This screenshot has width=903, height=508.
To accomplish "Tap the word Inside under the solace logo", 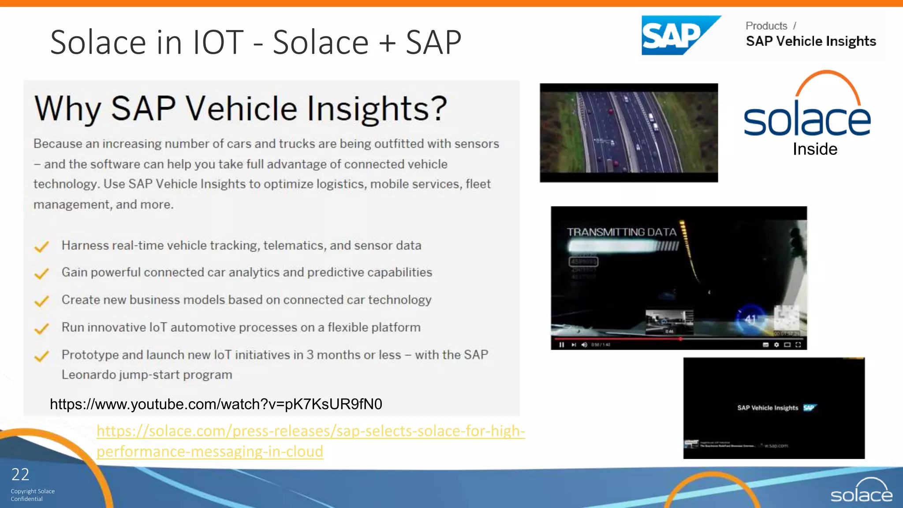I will tap(815, 149).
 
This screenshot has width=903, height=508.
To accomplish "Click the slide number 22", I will tap(20, 474).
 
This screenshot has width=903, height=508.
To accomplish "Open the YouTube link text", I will tap(216, 404).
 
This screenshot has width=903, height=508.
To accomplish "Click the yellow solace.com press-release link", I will tap(310, 441).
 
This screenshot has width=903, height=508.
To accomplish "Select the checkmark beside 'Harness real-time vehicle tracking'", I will tap(41, 247).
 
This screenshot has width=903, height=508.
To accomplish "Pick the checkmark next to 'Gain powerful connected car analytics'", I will tap(41, 274).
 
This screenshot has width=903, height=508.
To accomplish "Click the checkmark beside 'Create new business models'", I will tap(41, 301).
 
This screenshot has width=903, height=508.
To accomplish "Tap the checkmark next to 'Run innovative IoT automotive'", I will tap(41, 329).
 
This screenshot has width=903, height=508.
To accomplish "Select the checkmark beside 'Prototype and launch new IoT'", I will tap(41, 356).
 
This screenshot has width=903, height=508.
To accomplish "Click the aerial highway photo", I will tap(629, 132).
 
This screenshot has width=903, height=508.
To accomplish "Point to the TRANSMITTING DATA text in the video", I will tap(621, 232).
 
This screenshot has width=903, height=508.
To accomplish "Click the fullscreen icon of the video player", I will tap(798, 345).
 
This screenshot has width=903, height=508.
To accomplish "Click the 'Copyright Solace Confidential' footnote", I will tap(33, 495).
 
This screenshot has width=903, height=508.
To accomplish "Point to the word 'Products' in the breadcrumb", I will tap(766, 26).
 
